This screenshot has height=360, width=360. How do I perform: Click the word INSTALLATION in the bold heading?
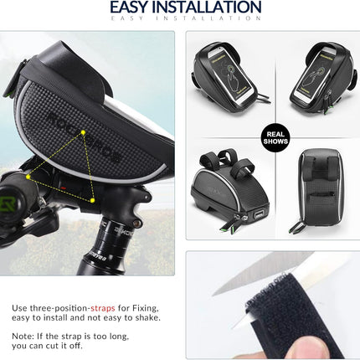click(x=207, y=7)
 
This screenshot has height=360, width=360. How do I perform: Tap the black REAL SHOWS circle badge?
click(x=275, y=138)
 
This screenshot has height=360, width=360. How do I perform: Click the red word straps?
click(x=103, y=308)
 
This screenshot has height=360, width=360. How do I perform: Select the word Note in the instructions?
click(x=22, y=336)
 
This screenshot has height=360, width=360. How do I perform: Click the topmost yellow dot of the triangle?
click(x=83, y=133)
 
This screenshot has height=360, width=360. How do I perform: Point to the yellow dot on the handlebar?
click(x=28, y=177)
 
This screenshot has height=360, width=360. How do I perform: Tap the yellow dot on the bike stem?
click(x=92, y=200)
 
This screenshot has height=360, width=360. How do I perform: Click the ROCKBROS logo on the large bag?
click(x=84, y=137)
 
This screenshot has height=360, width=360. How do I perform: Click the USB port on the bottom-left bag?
click(x=258, y=215)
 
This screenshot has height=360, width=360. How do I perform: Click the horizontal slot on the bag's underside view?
click(x=321, y=194)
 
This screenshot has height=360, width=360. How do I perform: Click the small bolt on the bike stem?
click(x=136, y=223)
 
